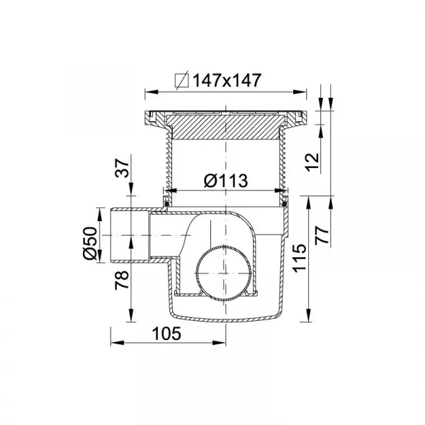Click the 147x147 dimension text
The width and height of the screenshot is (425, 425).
click(227, 80)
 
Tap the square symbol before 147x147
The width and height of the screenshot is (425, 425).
click(181, 81)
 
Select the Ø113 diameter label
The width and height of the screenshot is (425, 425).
click(226, 180)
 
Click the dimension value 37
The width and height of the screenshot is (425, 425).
click(122, 169)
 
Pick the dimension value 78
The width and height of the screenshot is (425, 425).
click(122, 280)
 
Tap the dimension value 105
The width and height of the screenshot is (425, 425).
click(166, 334)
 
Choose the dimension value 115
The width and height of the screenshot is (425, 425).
click(300, 257)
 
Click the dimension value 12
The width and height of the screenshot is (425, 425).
click(312, 162)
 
